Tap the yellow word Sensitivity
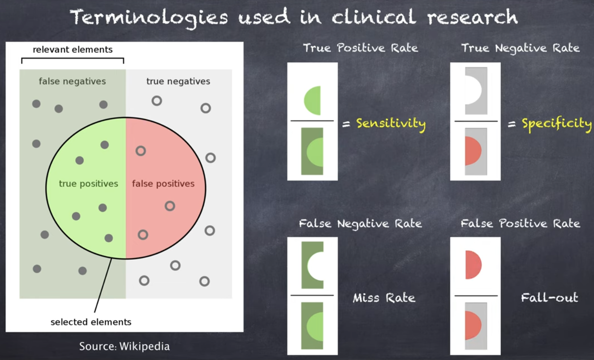(391, 124)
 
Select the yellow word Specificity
(557, 124)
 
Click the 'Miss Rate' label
(384, 298)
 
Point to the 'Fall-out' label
(550, 297)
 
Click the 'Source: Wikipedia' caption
(125, 346)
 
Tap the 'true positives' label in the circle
(88, 184)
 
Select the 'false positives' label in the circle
(163, 184)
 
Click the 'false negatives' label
(72, 81)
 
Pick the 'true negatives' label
(178, 81)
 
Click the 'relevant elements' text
(73, 49)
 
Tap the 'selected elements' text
(91, 322)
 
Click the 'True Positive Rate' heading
(360, 48)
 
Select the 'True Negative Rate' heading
(520, 48)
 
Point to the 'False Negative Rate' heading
(360, 224)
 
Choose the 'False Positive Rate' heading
(520, 223)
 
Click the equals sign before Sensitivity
(346, 124)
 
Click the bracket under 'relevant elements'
(73, 58)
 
